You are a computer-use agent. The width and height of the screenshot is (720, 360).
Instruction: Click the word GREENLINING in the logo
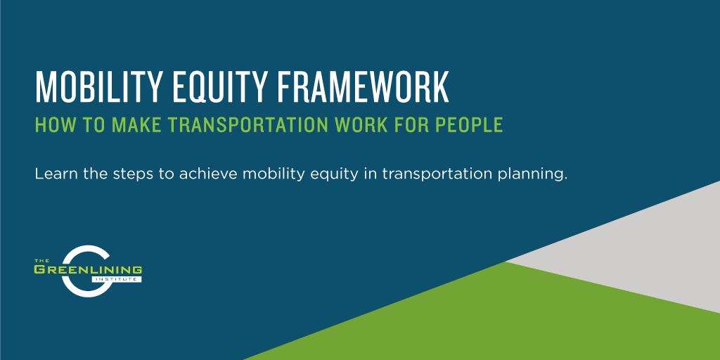[88, 270]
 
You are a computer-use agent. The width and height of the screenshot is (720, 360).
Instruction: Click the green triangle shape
[492, 316]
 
